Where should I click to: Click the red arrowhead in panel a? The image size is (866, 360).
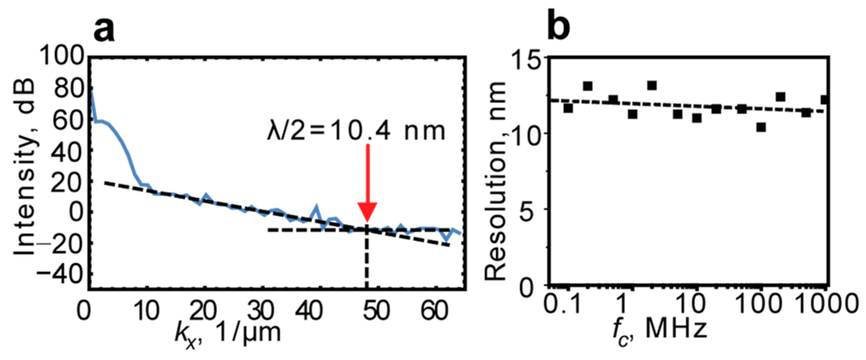(x=367, y=212)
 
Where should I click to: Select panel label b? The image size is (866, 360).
(x=558, y=27)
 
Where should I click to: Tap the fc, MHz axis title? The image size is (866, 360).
(x=660, y=330)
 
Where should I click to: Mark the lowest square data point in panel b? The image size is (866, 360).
(x=761, y=127)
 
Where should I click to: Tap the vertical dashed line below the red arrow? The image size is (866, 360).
(x=367, y=261)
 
